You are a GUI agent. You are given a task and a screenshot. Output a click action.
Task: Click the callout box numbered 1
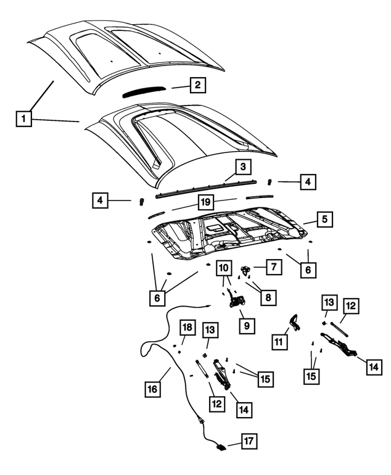pos(23,118)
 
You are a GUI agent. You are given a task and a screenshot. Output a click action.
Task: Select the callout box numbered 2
pos(198,85)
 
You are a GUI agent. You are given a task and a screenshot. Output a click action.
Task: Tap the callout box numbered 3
pos(243,167)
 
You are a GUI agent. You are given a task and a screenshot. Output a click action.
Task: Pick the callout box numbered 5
pos(324,219)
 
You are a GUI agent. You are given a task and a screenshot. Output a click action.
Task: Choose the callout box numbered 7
pos(274,267)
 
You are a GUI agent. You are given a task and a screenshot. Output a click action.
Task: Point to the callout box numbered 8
pos(268,297)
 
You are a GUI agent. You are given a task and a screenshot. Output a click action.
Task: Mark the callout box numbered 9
pos(247,325)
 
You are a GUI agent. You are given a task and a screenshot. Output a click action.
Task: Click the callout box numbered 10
pos(224,268)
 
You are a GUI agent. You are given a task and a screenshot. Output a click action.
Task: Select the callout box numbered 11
pos(279,342)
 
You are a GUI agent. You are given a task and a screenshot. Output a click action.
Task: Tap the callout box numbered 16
pos(153,389)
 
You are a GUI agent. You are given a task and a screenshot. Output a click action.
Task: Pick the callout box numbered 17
pos(249,441)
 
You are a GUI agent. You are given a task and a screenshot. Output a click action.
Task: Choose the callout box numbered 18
pos(187,328)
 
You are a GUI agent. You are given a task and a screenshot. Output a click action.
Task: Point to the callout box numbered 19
pos(205,202)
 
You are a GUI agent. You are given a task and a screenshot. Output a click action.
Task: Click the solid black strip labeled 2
pos(144,91)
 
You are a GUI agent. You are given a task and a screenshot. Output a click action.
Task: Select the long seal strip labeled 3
pos(206,188)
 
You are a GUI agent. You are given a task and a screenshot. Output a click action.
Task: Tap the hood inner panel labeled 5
pos(229,233)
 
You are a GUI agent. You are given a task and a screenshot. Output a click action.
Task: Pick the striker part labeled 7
pos(245,268)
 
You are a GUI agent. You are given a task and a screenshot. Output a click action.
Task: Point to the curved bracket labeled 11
pos(294,323)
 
